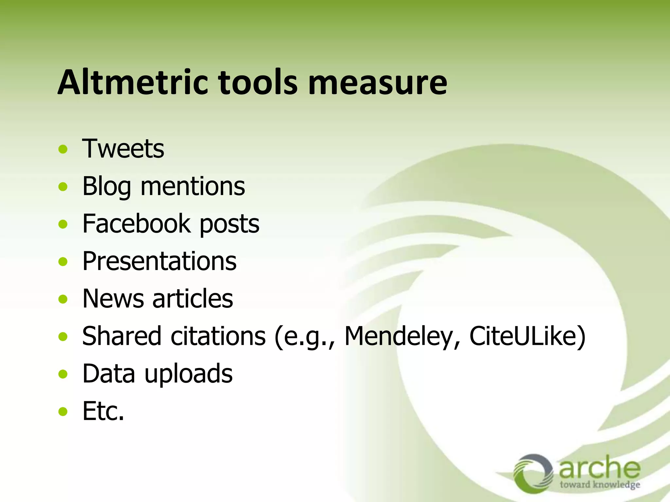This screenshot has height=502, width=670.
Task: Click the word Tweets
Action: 123,149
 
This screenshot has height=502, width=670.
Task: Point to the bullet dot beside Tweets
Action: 63,150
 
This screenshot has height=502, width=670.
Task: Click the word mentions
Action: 193,186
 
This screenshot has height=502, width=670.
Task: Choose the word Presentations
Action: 159,261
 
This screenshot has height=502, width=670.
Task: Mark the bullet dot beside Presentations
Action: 63,262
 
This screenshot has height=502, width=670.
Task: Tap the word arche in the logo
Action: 599,467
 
